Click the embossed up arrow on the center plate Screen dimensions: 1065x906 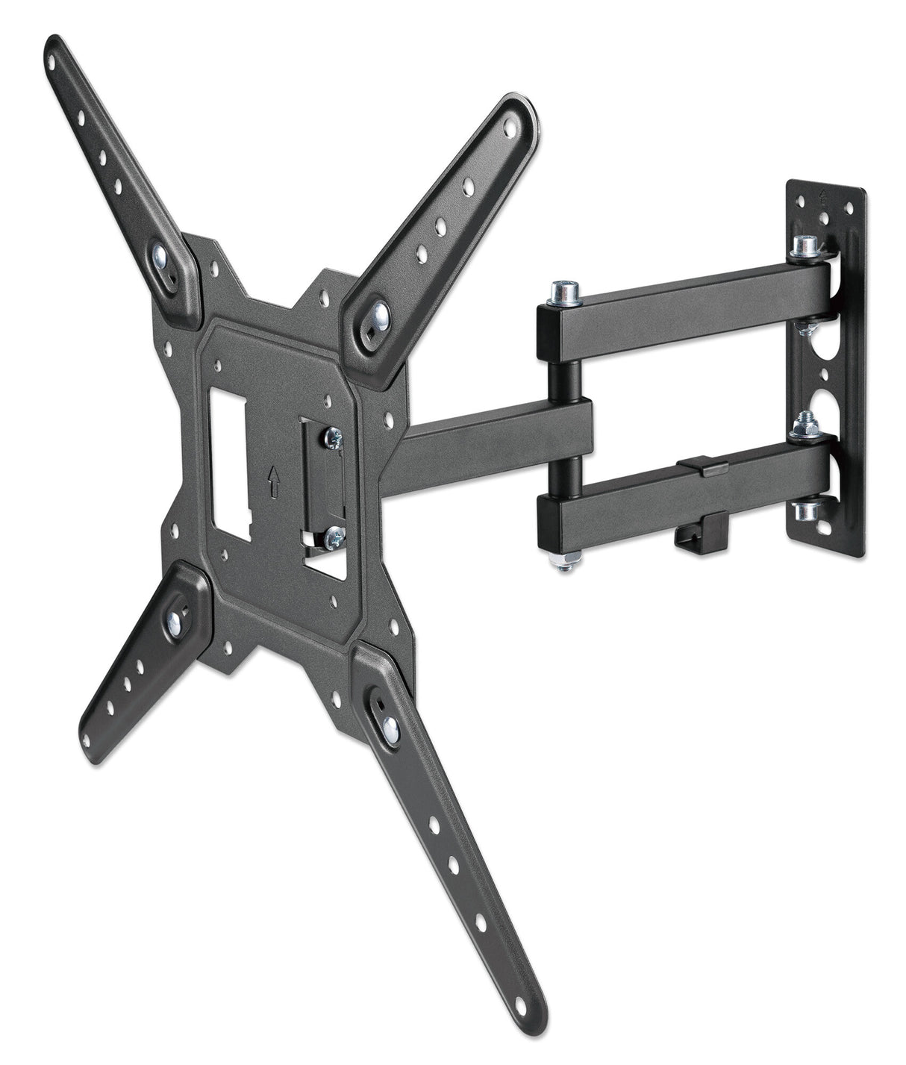point(274,485)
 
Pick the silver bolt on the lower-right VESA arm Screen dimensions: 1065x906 point(390,728)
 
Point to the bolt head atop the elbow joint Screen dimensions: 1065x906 point(561,293)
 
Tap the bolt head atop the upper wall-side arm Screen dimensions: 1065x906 point(804,244)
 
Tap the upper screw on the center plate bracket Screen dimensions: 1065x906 point(333,434)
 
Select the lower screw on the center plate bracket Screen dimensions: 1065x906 point(335,534)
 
